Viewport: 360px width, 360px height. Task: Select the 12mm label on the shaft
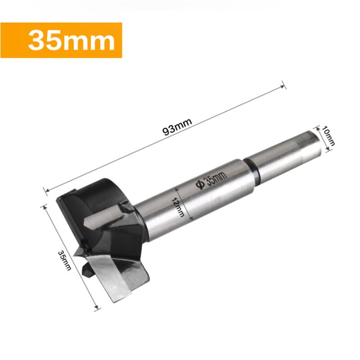179,208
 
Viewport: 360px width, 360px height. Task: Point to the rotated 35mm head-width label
65,260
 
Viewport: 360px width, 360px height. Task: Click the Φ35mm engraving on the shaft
211,177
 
